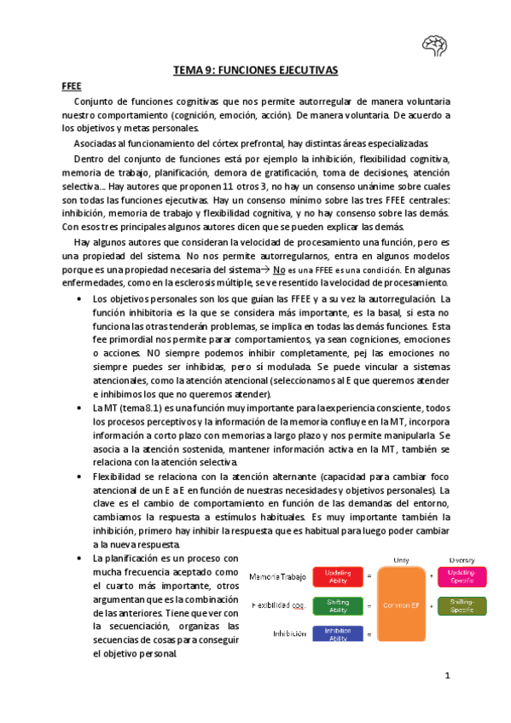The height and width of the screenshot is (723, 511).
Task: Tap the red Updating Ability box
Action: coord(339,577)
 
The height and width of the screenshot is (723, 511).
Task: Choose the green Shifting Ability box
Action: coord(339,605)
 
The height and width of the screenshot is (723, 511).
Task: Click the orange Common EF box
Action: coord(400,604)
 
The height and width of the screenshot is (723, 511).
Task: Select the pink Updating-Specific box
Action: coord(462,577)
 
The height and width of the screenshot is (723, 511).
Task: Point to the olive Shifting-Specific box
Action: coord(462,605)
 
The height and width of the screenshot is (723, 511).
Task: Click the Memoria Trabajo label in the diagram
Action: coord(277,577)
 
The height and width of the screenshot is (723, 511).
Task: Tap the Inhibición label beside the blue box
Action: coord(290,633)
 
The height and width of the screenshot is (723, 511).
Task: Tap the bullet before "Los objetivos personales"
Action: coord(78,299)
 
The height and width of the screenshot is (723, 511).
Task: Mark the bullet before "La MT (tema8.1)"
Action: coord(78,408)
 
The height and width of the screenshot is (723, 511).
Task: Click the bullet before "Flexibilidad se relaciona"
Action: coord(78,477)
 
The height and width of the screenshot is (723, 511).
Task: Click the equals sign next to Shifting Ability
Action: coord(369,605)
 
